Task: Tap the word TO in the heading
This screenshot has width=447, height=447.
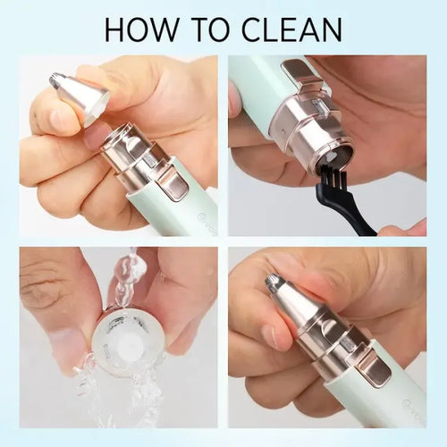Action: (x=226, y=29)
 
